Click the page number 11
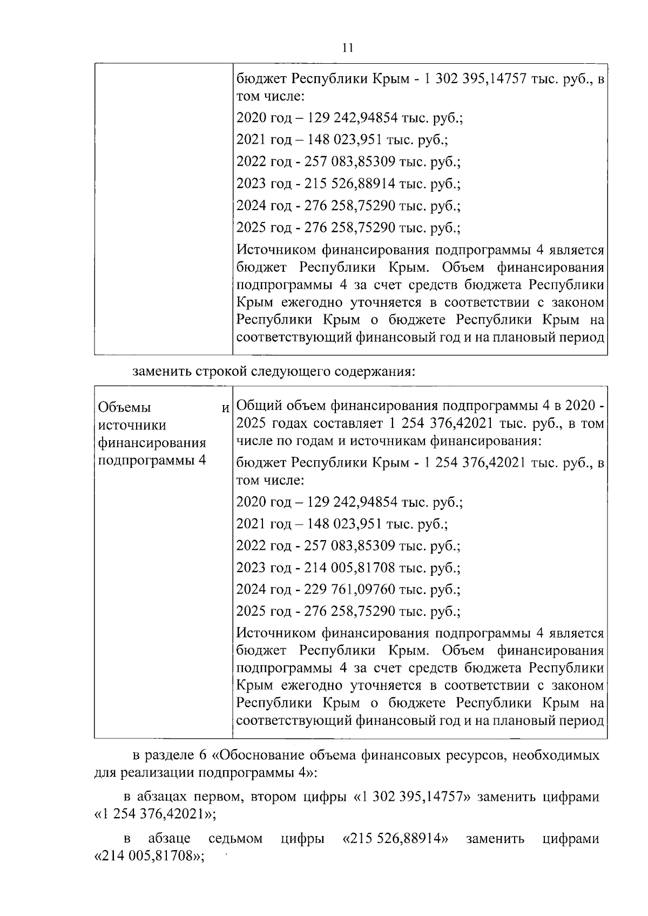tap(348, 48)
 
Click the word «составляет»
tap(352, 424)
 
